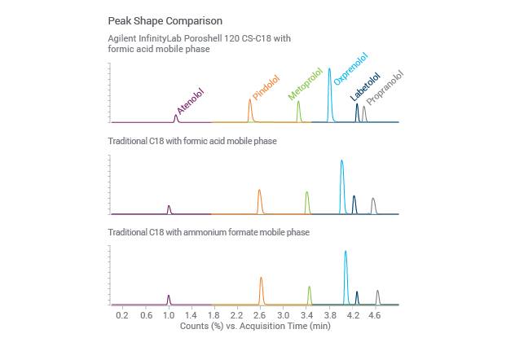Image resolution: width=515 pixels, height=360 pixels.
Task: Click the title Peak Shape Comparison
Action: click(x=165, y=20)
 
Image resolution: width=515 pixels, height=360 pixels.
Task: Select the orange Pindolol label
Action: click(x=266, y=88)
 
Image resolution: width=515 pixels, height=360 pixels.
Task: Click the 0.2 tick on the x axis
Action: click(x=122, y=314)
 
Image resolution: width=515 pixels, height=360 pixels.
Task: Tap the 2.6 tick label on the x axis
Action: click(x=260, y=314)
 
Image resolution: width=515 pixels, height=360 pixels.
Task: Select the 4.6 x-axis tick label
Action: click(x=375, y=314)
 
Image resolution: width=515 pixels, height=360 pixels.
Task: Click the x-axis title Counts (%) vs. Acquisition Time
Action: click(x=254, y=325)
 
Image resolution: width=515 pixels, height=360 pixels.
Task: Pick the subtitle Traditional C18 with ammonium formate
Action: click(x=209, y=232)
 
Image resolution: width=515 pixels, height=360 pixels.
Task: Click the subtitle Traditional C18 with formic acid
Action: click(x=192, y=141)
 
